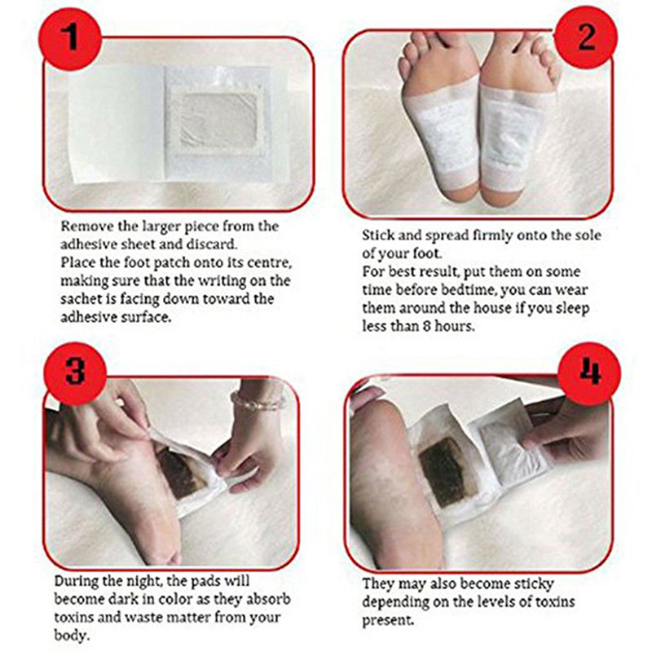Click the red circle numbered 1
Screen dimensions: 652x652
click(70, 37)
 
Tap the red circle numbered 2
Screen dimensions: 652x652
click(585, 37)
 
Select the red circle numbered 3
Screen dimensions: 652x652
click(75, 373)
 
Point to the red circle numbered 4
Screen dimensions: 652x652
click(588, 373)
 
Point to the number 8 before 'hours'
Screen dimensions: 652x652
click(426, 326)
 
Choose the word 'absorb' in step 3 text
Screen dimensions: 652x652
click(266, 599)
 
